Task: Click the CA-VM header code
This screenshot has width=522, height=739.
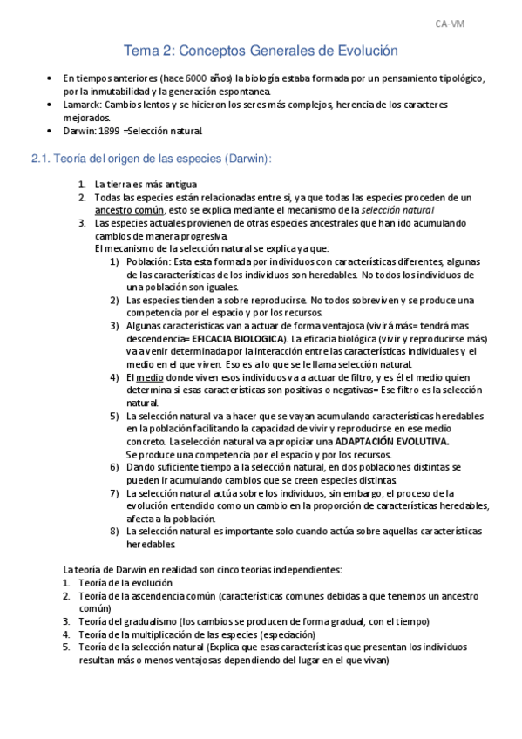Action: pyautogui.click(x=450, y=24)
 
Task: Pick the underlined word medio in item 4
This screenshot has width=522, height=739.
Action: pyautogui.click(x=148, y=377)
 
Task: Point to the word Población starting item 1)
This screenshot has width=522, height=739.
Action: pyautogui.click(x=147, y=261)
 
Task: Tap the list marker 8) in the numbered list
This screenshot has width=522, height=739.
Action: pyautogui.click(x=115, y=532)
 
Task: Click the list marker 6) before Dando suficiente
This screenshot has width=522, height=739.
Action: pyautogui.click(x=115, y=467)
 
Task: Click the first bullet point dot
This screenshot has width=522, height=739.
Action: pyautogui.click(x=49, y=78)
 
